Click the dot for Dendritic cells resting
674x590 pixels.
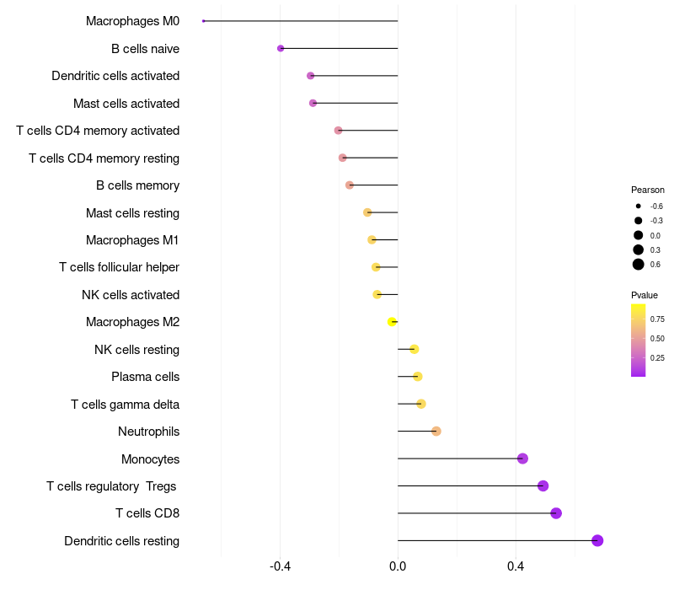pos(597,540)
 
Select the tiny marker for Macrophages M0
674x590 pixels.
pos(203,21)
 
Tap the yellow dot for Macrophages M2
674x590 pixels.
pos(392,322)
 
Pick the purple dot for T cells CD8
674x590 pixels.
pos(556,513)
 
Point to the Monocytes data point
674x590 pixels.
pos(522,459)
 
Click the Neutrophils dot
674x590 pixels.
pos(436,431)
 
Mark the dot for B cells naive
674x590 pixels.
pos(281,48)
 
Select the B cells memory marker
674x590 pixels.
pos(350,185)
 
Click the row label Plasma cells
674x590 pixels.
pos(145,377)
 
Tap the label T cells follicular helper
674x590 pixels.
pos(119,267)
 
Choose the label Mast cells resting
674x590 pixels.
pos(132,213)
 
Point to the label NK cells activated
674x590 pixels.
pos(131,294)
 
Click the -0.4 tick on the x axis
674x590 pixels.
pos(281,566)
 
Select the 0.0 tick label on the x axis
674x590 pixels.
pos(398,566)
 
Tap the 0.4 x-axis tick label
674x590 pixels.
pos(516,566)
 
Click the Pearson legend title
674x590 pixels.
pos(647,190)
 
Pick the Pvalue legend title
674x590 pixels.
pos(644,295)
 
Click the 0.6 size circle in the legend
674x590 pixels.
pos(639,265)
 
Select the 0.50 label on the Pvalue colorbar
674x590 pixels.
pos(657,339)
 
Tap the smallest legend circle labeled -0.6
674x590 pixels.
pos(639,206)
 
